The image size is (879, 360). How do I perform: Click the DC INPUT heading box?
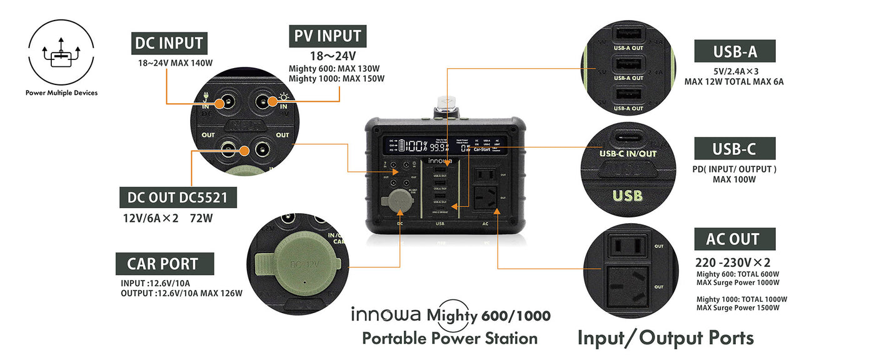(x=169, y=43)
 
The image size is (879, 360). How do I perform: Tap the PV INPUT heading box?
(x=327, y=36)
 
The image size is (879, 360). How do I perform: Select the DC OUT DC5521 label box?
(x=178, y=198)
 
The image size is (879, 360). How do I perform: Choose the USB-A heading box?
(x=735, y=51)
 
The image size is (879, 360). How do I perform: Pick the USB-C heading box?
(x=735, y=149)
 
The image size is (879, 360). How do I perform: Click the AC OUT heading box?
(x=735, y=239)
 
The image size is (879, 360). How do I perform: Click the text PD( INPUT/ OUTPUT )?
(x=734, y=169)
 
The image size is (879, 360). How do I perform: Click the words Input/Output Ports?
(x=665, y=337)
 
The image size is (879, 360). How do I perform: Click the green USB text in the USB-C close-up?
(x=627, y=196)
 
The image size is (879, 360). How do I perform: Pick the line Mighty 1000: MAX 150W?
(x=336, y=79)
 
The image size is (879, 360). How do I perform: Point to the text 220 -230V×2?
(x=731, y=262)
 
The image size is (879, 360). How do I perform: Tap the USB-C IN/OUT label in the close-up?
(x=628, y=153)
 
